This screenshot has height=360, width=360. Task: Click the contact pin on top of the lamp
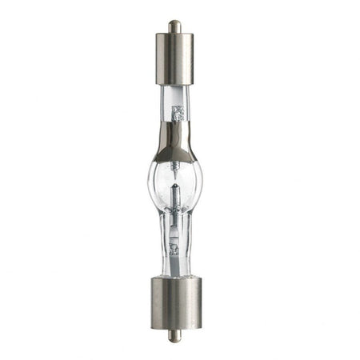point(174,26)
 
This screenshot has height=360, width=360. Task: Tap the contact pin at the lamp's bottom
point(174,336)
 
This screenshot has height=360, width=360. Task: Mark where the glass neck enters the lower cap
point(174,277)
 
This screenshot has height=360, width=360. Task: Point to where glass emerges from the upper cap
point(174,86)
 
